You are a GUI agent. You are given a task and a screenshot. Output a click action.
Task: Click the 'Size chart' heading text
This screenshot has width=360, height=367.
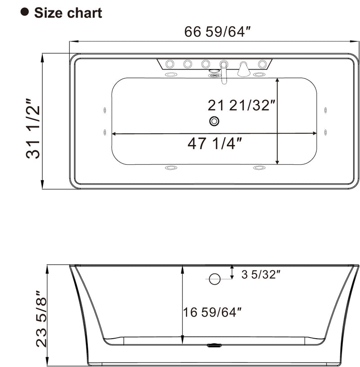click(68, 13)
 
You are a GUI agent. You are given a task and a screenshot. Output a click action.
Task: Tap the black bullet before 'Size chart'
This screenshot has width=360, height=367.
click(25, 12)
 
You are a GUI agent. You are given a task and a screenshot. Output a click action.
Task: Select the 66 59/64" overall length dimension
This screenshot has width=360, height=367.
click(217, 32)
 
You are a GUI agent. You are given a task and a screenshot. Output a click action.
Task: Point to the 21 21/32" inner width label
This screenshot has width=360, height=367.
click(241, 105)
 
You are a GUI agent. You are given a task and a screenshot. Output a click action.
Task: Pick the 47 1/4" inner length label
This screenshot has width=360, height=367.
click(215, 144)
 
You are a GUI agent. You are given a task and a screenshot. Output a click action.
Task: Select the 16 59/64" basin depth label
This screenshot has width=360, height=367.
click(212, 311)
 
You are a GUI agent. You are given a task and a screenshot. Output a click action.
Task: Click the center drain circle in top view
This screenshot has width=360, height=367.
click(214, 121)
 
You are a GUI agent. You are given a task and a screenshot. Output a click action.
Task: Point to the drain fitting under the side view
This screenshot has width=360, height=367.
click(214, 346)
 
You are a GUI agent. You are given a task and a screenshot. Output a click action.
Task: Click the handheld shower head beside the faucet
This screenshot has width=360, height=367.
click(243, 68)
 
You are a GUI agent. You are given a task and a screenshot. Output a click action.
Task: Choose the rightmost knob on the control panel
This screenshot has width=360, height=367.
click(261, 63)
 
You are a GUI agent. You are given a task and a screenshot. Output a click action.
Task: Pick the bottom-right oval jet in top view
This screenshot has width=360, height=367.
click(259, 168)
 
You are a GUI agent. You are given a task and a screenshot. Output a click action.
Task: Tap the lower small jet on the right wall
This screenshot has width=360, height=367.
click(325, 132)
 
